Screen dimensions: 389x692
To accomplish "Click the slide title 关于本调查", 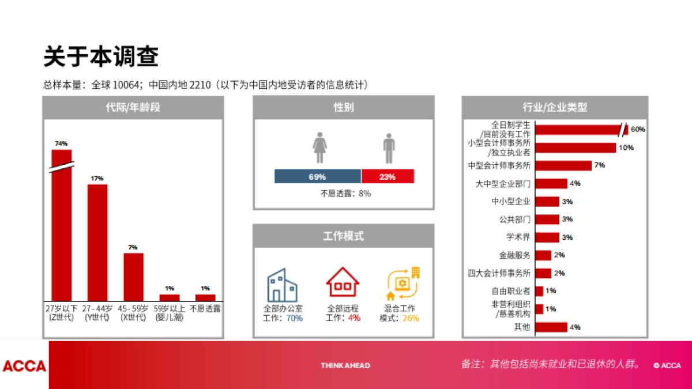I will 101,57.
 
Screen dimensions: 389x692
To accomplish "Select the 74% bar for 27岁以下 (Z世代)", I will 62,225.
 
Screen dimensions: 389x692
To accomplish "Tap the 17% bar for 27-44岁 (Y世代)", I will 97,242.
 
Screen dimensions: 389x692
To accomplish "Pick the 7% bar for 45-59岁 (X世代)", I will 133,277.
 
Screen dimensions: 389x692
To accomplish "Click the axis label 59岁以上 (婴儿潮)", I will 170,313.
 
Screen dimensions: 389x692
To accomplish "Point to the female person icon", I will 320,148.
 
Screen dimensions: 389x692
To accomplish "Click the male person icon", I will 389,148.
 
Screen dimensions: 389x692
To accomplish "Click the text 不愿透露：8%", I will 345,194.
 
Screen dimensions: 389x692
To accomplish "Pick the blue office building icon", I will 282,285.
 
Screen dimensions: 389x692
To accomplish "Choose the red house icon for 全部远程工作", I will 343,282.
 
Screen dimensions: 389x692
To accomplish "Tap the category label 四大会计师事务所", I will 499,273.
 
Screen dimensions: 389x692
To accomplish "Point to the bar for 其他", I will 551,327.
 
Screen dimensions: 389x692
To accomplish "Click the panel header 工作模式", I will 343,236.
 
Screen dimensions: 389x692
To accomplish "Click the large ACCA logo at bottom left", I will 24,366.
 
